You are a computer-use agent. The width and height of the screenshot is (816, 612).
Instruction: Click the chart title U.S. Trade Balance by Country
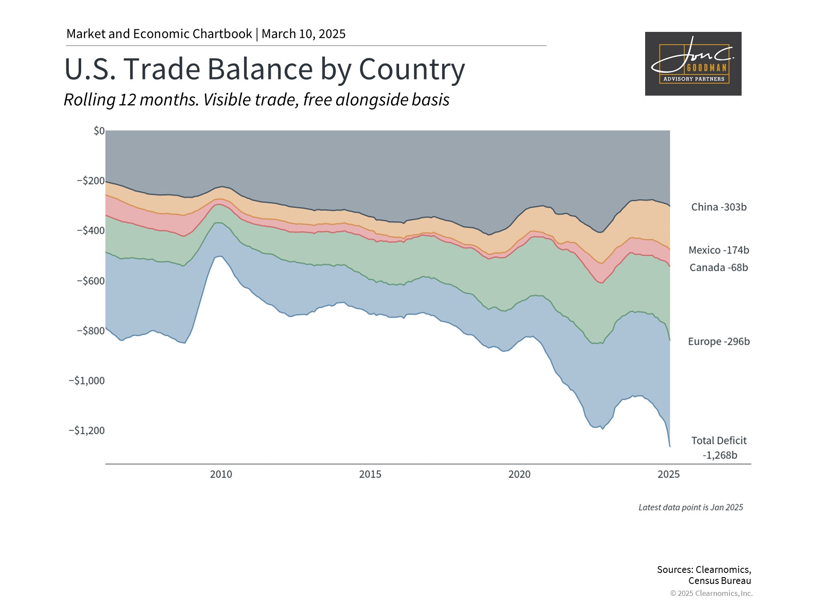point(264,69)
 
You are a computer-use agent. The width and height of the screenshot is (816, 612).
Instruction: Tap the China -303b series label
point(719,207)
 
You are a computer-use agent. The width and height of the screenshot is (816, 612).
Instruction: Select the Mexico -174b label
point(719,250)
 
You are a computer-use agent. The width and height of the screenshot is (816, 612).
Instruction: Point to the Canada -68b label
point(719,267)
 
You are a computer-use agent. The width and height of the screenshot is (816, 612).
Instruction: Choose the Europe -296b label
point(719,341)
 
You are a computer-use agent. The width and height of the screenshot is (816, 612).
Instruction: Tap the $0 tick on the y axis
point(99,131)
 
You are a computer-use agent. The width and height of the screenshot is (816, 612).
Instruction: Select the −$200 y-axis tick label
point(91,181)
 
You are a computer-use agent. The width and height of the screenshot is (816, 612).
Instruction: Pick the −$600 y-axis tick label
point(91,280)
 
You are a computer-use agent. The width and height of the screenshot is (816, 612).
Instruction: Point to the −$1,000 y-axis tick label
point(87,380)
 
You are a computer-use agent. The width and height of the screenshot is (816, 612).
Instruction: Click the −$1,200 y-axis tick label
point(87,431)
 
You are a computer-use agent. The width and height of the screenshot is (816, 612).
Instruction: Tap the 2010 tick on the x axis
point(221,474)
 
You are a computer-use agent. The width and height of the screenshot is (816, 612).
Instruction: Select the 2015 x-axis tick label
point(370,474)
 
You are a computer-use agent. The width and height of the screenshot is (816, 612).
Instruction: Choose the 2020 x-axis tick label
point(519,474)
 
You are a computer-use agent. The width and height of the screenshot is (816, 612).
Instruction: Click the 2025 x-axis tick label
point(669,474)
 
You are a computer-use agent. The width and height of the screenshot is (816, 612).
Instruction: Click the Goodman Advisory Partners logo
point(693,64)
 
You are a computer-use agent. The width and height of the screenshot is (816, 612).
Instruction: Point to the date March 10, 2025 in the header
point(303,34)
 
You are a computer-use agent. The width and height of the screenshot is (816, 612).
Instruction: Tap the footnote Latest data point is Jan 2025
point(691,507)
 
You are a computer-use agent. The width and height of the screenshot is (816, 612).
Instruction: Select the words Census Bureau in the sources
point(720,581)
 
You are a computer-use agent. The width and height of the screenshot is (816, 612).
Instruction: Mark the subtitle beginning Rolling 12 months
point(257,100)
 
